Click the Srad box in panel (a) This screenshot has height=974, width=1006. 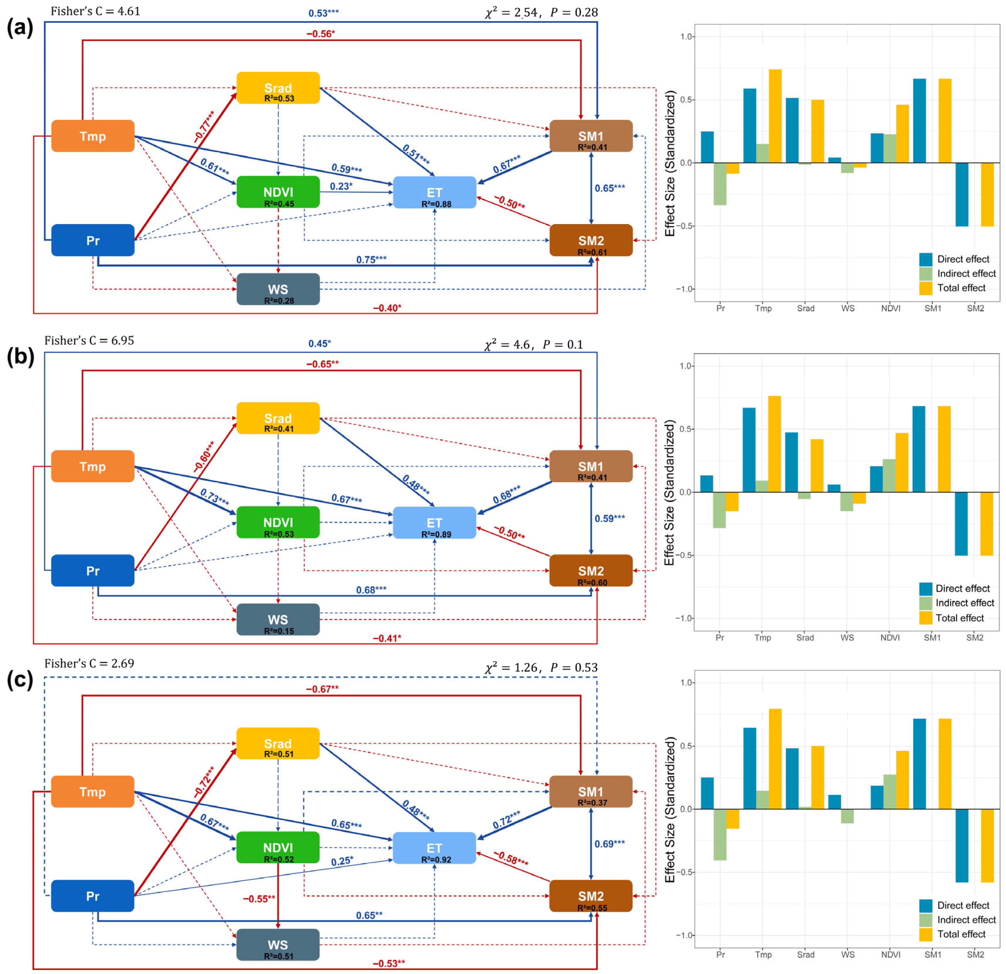tap(278, 88)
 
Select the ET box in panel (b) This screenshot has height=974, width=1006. tap(434, 522)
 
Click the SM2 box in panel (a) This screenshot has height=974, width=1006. tap(591, 240)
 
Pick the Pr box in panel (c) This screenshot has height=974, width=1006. tap(92, 896)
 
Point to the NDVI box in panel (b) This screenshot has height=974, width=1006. tap(278, 522)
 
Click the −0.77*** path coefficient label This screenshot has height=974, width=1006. tap(204, 126)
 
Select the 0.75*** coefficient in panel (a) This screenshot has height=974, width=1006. tap(371, 260)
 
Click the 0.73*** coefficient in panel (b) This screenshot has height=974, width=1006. tap(214, 497)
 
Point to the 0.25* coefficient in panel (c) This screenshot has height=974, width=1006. tap(342, 861)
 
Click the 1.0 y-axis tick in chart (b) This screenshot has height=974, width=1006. tap(686, 366)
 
